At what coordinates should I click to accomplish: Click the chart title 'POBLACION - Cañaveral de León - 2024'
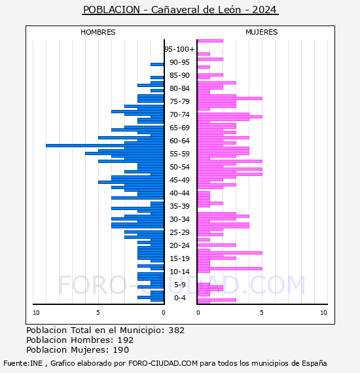click(x=180, y=10)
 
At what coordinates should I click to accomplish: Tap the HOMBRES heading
click(x=98, y=32)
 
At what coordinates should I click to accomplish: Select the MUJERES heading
click(x=262, y=32)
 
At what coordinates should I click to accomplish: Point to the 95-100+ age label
click(x=179, y=49)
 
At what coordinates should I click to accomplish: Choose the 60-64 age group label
click(x=179, y=141)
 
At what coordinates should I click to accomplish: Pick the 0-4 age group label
click(x=179, y=298)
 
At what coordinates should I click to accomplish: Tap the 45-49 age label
click(x=179, y=180)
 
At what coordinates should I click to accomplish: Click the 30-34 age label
click(x=179, y=219)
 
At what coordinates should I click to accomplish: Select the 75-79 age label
click(x=179, y=101)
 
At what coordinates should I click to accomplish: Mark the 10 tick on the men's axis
click(x=36, y=313)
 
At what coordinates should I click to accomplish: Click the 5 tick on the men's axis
click(x=98, y=313)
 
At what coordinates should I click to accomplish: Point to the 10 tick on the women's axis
click(x=323, y=313)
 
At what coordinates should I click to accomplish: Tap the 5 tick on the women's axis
click(x=262, y=313)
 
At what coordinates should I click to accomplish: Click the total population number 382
click(x=176, y=330)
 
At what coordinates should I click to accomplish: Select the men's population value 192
click(x=126, y=340)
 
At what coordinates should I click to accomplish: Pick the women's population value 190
click(x=121, y=349)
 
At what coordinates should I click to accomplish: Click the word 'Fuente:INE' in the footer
click(x=23, y=363)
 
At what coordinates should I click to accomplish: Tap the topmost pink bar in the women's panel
click(x=210, y=41)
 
